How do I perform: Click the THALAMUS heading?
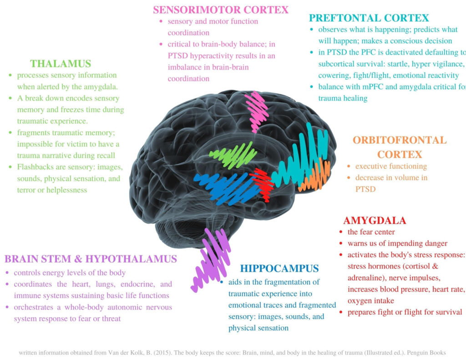click(61, 64)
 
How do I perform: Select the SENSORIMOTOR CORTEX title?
click(221, 10)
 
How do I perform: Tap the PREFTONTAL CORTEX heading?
click(369, 18)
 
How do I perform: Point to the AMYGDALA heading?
click(375, 221)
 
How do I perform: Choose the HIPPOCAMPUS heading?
click(279, 269)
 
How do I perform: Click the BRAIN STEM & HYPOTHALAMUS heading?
click(91, 259)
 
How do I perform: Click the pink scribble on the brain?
click(257, 112)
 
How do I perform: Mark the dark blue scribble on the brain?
click(228, 188)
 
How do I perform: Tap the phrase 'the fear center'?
click(371, 232)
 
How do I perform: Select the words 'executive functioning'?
click(391, 167)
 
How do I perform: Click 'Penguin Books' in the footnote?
click(426, 353)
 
